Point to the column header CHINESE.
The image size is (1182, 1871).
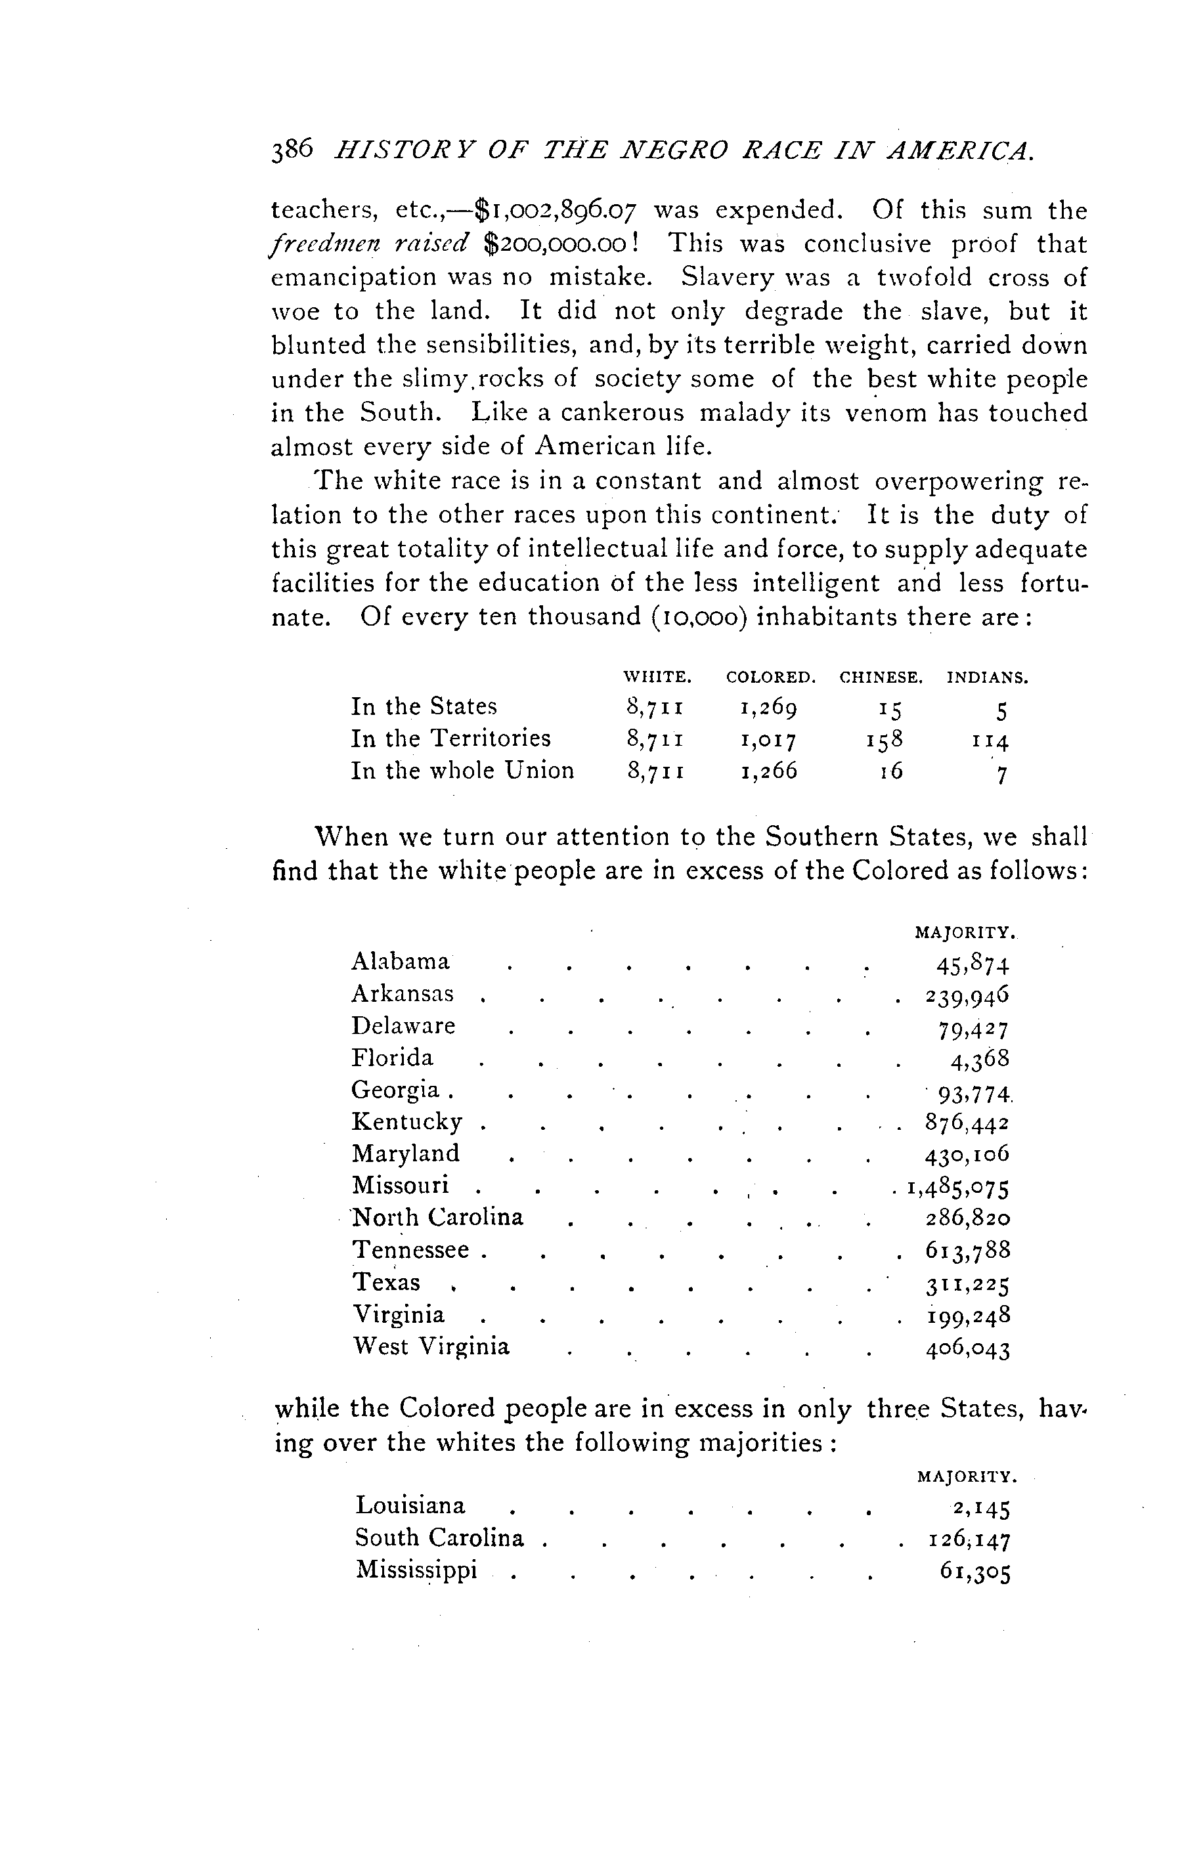coord(881,677)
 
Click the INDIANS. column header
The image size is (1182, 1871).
coord(987,677)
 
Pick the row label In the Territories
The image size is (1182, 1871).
coord(450,738)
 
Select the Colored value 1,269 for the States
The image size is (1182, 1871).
coord(768,708)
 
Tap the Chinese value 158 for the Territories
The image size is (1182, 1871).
coord(885,740)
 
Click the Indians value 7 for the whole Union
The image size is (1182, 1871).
coord(1001,775)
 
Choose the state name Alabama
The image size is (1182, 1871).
coord(400,962)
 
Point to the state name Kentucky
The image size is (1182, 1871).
coord(407,1123)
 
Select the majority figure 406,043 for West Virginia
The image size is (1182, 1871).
coord(967,1348)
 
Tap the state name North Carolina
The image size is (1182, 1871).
coord(438,1218)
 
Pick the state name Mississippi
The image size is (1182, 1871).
coord(416,1570)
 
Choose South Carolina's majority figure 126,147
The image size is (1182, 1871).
coord(969,1540)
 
